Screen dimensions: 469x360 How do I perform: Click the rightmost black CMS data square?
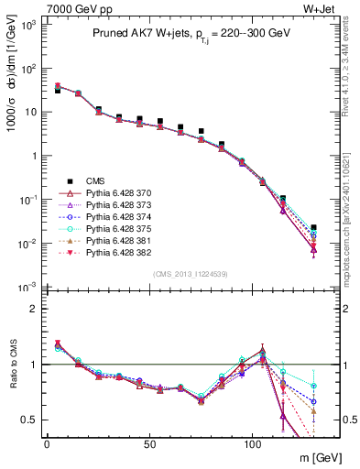pos(314,227)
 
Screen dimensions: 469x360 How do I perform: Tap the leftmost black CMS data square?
pos(58,91)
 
